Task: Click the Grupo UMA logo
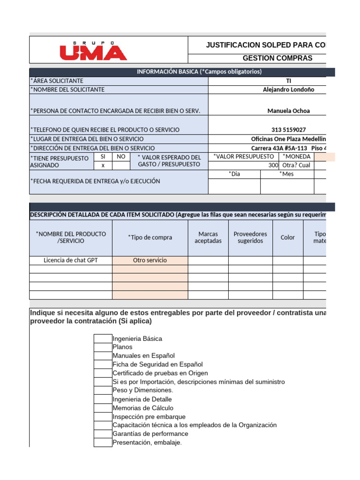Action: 93,50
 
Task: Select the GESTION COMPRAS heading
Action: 277,58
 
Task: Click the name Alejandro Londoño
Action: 288,90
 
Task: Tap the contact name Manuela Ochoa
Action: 288,111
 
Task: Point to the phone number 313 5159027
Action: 288,129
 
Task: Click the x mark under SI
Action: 103,165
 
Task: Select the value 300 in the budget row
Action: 273,165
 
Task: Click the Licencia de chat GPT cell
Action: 71,260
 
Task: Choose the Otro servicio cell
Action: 150,260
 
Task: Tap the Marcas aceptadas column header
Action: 208,237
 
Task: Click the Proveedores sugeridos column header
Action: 250,237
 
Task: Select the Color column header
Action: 287,237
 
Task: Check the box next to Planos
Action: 103,347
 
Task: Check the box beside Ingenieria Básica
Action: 103,338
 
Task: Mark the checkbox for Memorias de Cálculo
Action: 103,408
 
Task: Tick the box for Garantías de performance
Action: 103,434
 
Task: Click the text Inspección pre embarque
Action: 149,417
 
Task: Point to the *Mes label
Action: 287,174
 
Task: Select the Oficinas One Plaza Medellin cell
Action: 288,139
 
